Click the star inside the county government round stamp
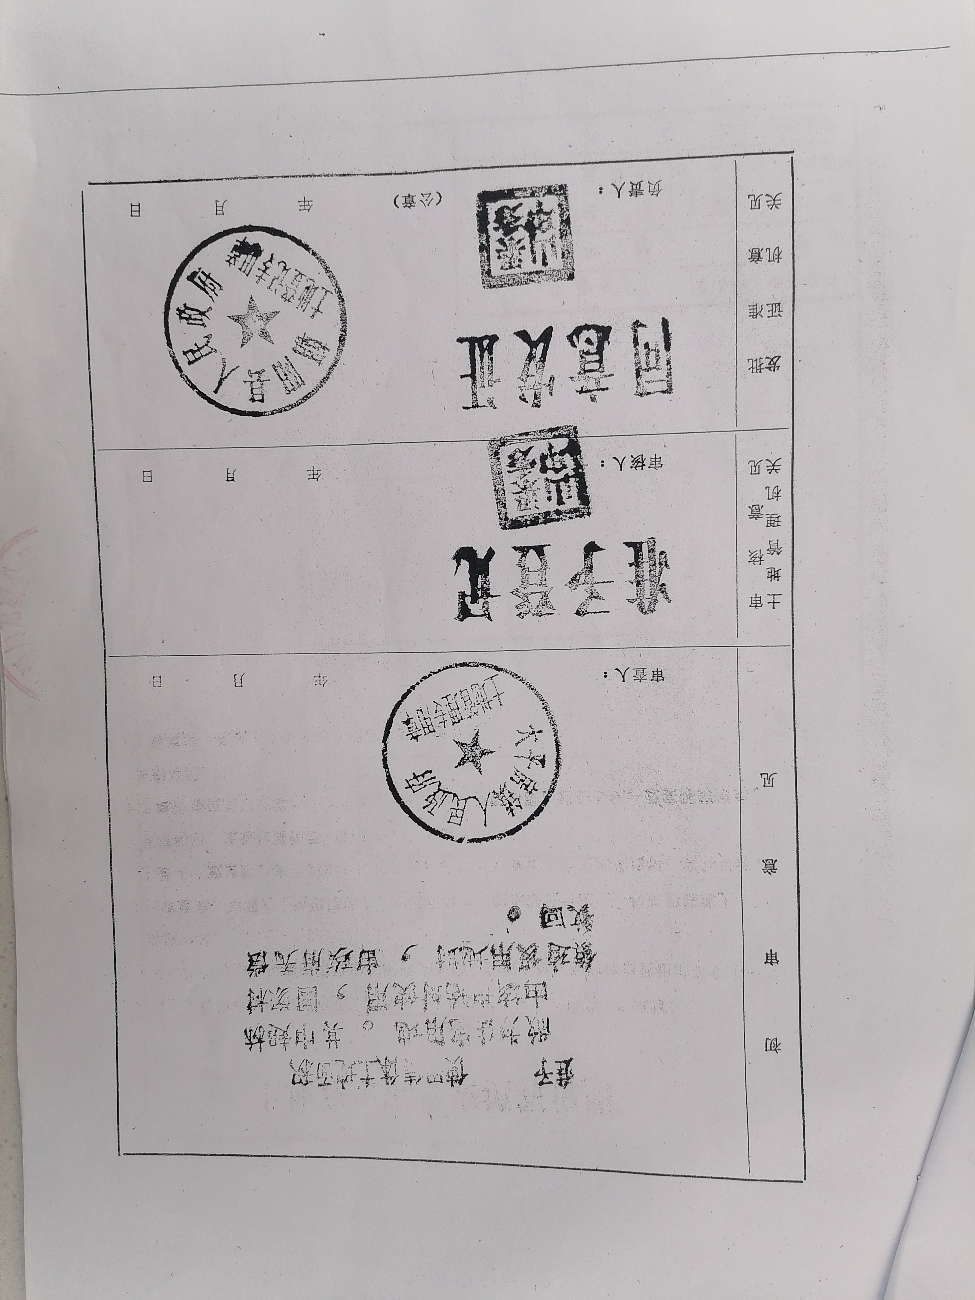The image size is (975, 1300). coord(254,321)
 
